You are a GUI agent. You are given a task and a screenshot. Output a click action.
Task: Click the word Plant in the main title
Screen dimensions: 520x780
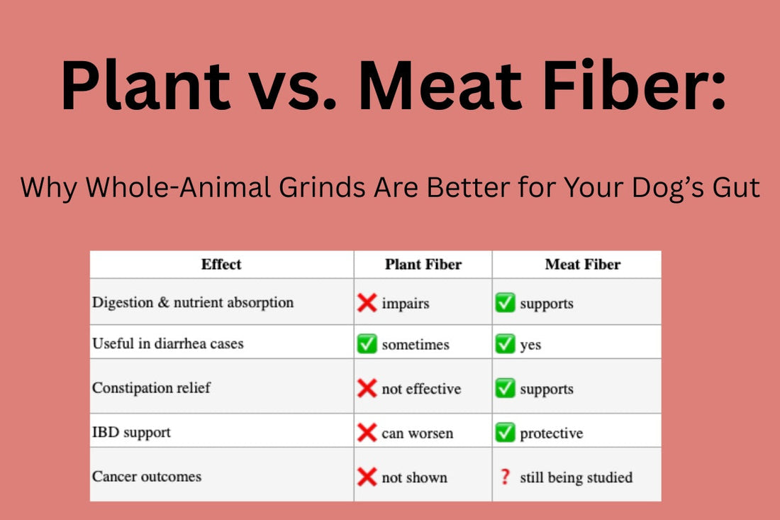pos(145,87)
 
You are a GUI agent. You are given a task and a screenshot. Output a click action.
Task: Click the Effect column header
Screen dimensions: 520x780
pos(221,265)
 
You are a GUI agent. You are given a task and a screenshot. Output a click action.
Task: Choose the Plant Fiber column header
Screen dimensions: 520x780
pos(423,265)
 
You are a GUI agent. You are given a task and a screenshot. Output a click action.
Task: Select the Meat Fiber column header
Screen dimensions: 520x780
pos(582,265)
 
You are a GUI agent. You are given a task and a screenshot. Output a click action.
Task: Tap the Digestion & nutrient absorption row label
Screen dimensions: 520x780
pos(192,302)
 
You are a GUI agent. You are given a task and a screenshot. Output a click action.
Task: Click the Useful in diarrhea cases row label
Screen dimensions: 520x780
pos(167,343)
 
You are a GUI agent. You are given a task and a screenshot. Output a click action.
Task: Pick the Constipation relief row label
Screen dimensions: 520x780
pos(151,388)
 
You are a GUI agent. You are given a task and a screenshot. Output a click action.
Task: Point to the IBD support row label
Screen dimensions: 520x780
pos(131,431)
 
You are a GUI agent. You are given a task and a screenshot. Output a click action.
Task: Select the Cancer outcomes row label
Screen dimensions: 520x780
pos(147,476)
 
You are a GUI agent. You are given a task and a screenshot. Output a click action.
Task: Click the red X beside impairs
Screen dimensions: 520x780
pos(367,304)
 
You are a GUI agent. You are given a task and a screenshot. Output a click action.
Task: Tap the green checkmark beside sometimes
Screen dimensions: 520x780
pos(367,345)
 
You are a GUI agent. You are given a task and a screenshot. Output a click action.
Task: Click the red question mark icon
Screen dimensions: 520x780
pos(505,477)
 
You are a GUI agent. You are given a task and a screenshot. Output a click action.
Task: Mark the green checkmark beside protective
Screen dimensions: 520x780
pos(505,433)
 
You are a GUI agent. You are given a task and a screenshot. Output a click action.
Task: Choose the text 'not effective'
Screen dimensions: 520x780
pos(421,389)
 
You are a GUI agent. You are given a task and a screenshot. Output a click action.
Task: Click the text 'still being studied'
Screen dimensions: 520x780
pos(576,477)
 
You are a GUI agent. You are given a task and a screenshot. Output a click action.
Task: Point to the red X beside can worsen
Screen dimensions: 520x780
pos(367,433)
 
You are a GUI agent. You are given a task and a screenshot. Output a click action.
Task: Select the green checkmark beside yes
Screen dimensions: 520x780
pos(505,345)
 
